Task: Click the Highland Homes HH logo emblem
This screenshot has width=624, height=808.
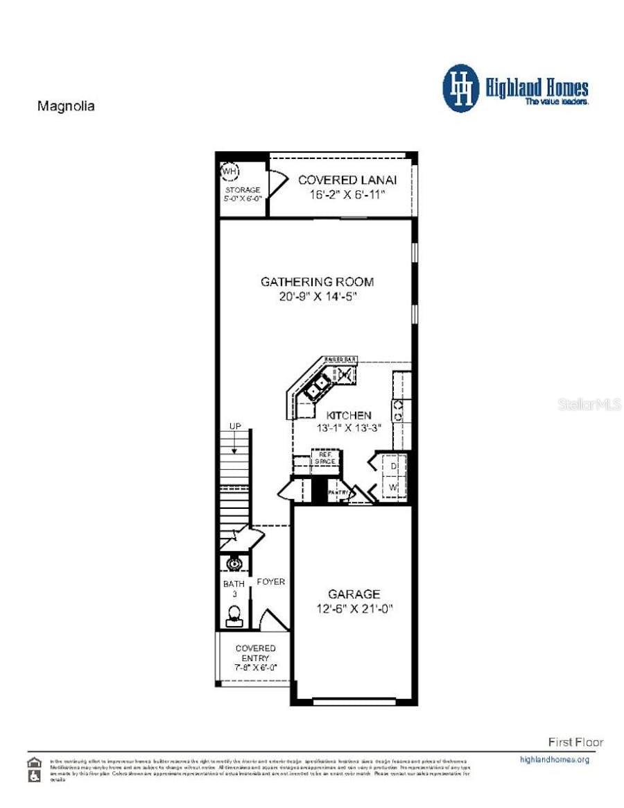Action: click(x=461, y=88)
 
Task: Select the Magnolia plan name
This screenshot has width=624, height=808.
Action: click(x=65, y=107)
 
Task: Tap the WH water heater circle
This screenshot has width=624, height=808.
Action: click(x=229, y=170)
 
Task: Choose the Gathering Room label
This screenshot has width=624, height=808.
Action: click(x=317, y=282)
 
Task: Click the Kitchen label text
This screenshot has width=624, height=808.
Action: click(x=345, y=415)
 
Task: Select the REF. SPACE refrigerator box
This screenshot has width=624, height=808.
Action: click(x=324, y=458)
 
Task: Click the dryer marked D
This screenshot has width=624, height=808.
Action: click(x=392, y=466)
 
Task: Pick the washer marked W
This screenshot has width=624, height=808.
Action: click(x=392, y=488)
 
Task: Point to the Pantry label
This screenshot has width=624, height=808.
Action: click(x=338, y=492)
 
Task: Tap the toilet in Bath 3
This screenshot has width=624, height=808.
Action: click(x=234, y=614)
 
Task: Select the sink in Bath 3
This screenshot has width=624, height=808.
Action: click(x=233, y=564)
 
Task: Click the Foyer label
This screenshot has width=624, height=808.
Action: click(x=270, y=582)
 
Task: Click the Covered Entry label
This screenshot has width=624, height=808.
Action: click(x=254, y=653)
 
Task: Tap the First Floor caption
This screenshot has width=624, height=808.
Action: click(x=575, y=742)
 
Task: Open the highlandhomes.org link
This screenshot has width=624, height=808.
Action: click(x=554, y=759)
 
